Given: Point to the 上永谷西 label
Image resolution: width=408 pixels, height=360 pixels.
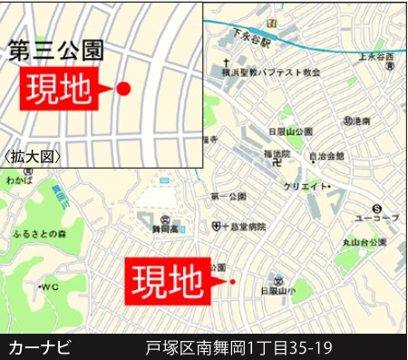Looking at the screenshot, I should (x=377, y=56).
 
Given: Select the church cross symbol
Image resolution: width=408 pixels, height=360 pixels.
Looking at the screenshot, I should (x=224, y=69).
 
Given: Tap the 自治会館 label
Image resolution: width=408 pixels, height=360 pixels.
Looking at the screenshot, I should (x=326, y=155).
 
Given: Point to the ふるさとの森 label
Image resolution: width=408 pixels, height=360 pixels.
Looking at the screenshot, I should (x=39, y=234).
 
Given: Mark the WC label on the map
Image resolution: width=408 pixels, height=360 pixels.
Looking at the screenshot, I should (x=48, y=287).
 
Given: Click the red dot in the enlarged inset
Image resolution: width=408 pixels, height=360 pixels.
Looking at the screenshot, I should (x=124, y=88).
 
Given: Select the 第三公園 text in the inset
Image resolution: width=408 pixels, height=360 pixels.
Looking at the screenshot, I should (x=55, y=51).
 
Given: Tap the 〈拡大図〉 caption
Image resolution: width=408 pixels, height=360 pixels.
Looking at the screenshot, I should (x=34, y=156).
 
